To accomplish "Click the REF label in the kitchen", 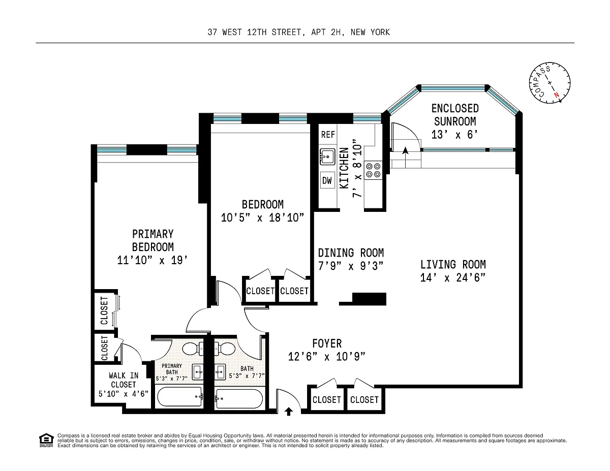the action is [x=328, y=135].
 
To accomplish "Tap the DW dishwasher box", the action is [x=327, y=180].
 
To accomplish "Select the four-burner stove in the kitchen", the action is [x=373, y=170].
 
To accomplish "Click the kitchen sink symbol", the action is [x=327, y=156].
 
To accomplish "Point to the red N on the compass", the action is [x=557, y=95].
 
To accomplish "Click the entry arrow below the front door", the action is [x=289, y=412].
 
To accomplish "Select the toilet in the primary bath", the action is [x=193, y=349].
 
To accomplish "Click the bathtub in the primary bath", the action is [x=180, y=397].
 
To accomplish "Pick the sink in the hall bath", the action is [x=220, y=372].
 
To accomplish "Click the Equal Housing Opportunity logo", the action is [x=46, y=440].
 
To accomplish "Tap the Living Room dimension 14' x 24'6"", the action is [x=452, y=278].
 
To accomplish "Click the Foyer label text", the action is [x=327, y=343].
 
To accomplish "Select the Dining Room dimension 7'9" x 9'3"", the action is [x=351, y=266].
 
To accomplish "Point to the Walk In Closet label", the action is [x=124, y=380].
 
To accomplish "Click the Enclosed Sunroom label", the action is [x=455, y=115].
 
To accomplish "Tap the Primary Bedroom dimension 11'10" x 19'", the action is [x=152, y=260].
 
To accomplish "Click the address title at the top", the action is [x=299, y=32].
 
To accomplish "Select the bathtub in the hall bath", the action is [x=239, y=399].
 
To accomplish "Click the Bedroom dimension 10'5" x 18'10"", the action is [x=262, y=217].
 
